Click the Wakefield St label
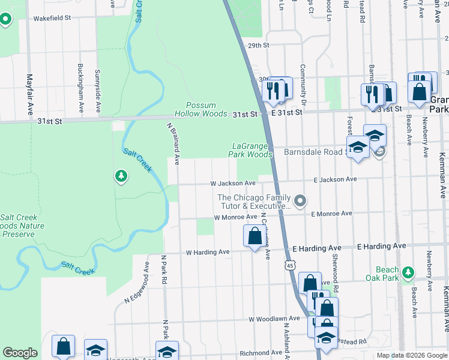[x=52, y=18]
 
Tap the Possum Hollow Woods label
[x=200, y=109]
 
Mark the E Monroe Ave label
[x=331, y=214]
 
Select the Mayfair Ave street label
[x=29, y=94]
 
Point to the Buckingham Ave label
[x=80, y=88]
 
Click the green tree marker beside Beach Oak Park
[x=408, y=272]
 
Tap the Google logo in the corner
[x=20, y=353]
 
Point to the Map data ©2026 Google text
[x=411, y=355]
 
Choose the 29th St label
[x=258, y=45]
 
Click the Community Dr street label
[x=304, y=86]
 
